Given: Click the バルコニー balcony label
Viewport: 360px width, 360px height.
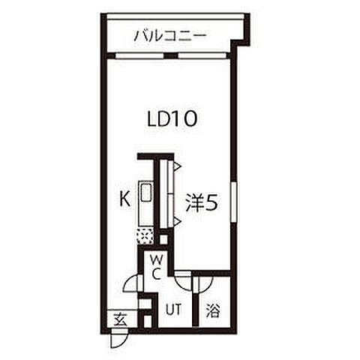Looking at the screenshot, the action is point(171,36).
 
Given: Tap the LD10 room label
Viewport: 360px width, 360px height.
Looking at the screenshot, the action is point(172,119).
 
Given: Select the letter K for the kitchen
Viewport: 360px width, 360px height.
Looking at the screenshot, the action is point(124,199).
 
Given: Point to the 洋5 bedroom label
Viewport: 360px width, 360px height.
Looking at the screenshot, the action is point(202,202).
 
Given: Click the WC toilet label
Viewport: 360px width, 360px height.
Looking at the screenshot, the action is point(157,267).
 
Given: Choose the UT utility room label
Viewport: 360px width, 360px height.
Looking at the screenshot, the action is point(173,310).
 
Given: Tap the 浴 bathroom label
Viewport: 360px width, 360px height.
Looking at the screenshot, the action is point(213,310).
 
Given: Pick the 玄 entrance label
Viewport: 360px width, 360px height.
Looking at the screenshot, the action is point(120,319).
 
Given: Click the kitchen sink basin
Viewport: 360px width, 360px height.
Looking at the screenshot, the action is point(145,192).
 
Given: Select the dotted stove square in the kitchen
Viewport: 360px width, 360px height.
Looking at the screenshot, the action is point(145,236).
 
